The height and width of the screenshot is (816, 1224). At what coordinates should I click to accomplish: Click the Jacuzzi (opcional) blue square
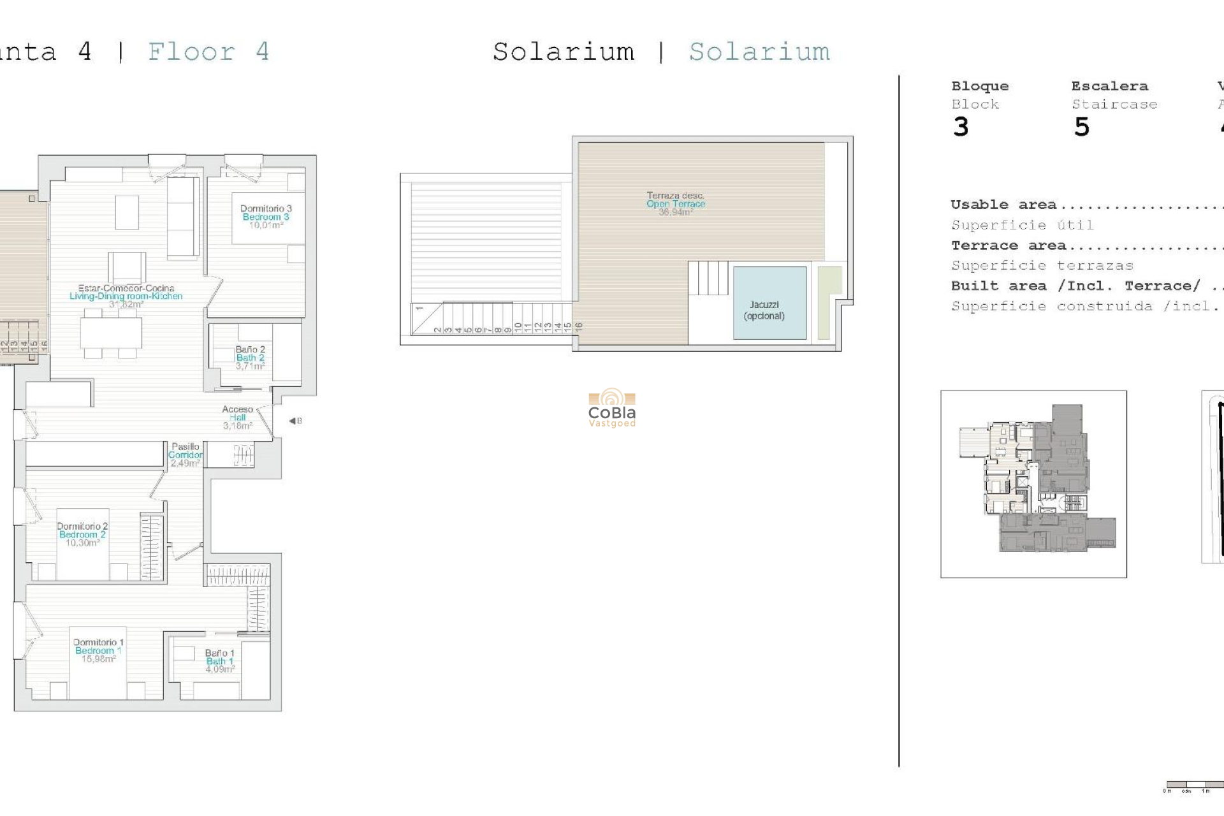coord(769,303)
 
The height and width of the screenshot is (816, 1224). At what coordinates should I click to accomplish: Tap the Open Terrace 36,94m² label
coord(676,204)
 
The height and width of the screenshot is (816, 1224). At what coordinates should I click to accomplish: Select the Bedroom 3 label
coord(266,217)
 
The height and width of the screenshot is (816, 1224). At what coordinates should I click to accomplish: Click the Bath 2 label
coord(250,358)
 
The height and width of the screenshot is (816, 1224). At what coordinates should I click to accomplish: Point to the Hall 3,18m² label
coord(237,418)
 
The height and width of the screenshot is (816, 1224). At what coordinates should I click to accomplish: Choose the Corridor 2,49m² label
coord(185,455)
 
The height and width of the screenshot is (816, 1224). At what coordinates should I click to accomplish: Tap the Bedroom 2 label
coord(82,534)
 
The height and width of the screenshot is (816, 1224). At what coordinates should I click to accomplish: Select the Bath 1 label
coord(220,661)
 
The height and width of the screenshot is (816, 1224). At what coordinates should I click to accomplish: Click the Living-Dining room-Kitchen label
coord(126,296)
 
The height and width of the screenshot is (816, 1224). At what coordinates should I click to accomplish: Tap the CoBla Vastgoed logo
coord(612,408)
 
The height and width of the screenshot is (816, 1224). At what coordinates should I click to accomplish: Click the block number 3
coord(961,127)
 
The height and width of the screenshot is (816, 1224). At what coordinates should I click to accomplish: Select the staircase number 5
coord(1082,127)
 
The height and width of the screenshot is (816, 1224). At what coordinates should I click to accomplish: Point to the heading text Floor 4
coord(208,52)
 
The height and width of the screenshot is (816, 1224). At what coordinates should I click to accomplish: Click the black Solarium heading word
coord(564,52)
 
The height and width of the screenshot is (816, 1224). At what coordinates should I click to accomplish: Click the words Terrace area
coord(1009,245)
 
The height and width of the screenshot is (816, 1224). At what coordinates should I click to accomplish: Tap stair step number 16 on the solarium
coord(579,326)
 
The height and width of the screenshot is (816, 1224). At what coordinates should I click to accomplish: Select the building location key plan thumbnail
coord(1033,484)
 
